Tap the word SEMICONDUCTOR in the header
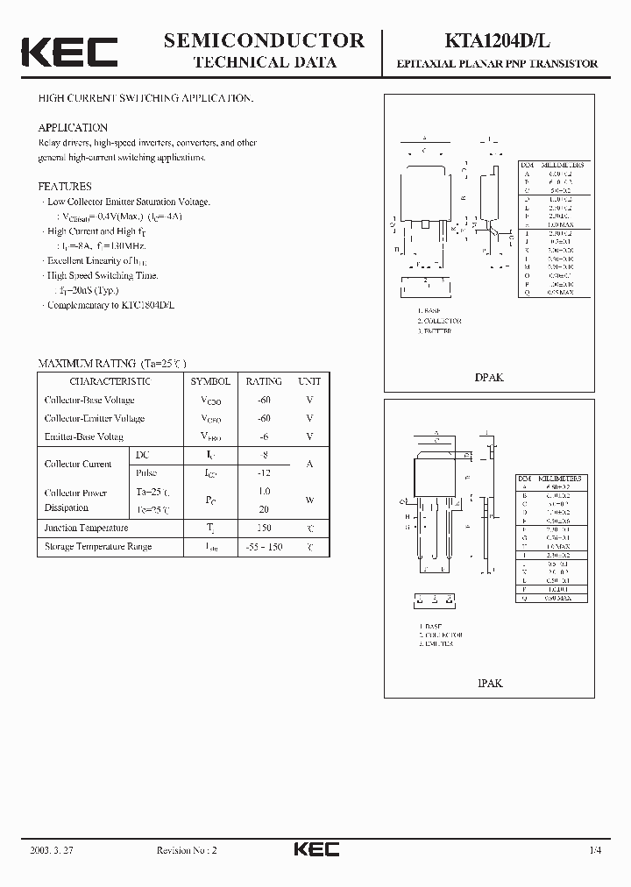tap(264, 39)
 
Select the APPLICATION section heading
tap(73, 128)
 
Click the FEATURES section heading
tap(65, 187)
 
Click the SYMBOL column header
tap(210, 381)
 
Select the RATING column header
tap(264, 381)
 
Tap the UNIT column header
tap(309, 381)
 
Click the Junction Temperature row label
tap(86, 528)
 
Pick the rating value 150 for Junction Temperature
tap(264, 528)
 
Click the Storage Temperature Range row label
tap(98, 546)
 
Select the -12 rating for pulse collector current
tap(264, 472)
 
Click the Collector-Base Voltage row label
tap(89, 400)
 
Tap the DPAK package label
tap(489, 378)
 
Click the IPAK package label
tap(489, 683)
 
